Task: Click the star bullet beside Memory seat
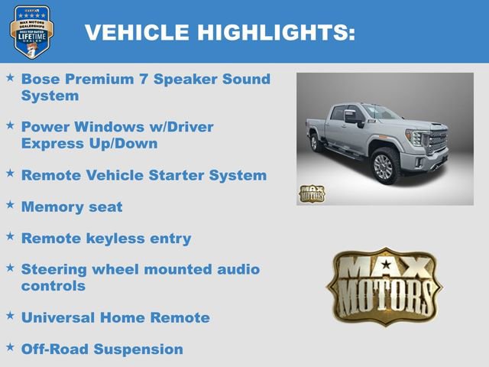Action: click(x=10, y=205)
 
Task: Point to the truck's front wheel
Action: click(x=384, y=167)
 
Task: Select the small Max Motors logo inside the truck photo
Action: click(x=311, y=193)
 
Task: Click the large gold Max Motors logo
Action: click(x=384, y=285)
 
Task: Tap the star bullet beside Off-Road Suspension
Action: click(x=10, y=348)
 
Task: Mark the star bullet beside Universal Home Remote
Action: click(x=10, y=316)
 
